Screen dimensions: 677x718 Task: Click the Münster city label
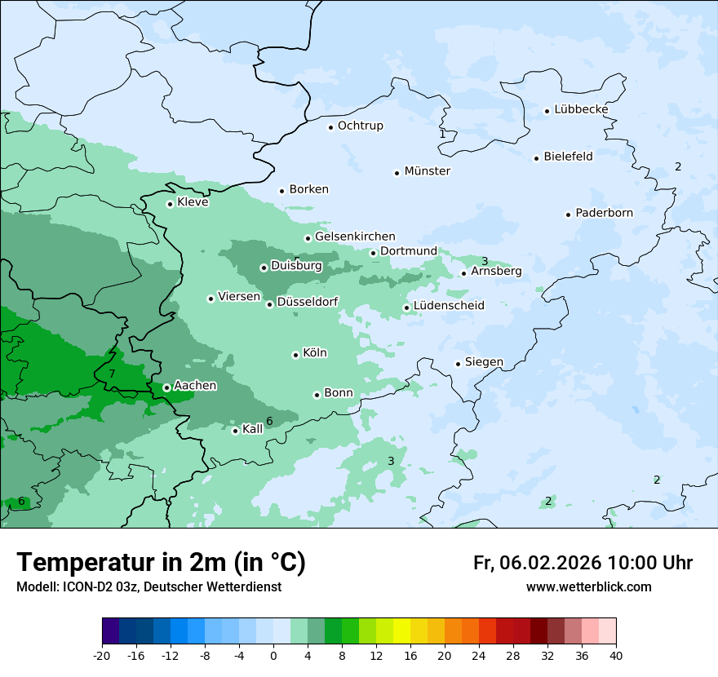click(x=427, y=171)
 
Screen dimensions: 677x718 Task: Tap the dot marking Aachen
click(x=166, y=387)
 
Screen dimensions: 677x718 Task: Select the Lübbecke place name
click(x=581, y=109)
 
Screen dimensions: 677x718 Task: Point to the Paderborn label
click(x=604, y=213)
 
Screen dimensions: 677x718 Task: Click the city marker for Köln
click(x=295, y=355)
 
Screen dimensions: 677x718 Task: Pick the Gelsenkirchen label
click(x=355, y=237)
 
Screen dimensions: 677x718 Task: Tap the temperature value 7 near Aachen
click(x=112, y=374)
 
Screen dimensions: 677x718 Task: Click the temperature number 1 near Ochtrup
click(x=442, y=134)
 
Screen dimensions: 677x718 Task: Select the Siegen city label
click(x=484, y=362)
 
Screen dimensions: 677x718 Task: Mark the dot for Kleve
click(x=170, y=204)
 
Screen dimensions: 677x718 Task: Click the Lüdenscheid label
click(x=449, y=306)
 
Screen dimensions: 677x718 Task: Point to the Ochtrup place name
click(x=360, y=126)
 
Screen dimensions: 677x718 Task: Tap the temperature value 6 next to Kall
click(x=269, y=421)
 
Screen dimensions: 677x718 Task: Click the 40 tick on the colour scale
click(x=616, y=656)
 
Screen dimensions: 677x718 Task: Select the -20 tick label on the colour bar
click(x=102, y=656)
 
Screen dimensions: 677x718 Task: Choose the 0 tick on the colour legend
click(x=273, y=656)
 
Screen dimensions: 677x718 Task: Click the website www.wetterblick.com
click(x=588, y=586)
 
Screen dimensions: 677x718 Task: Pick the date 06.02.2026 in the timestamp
click(x=548, y=563)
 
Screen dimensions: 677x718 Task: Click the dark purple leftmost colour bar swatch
click(x=110, y=631)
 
